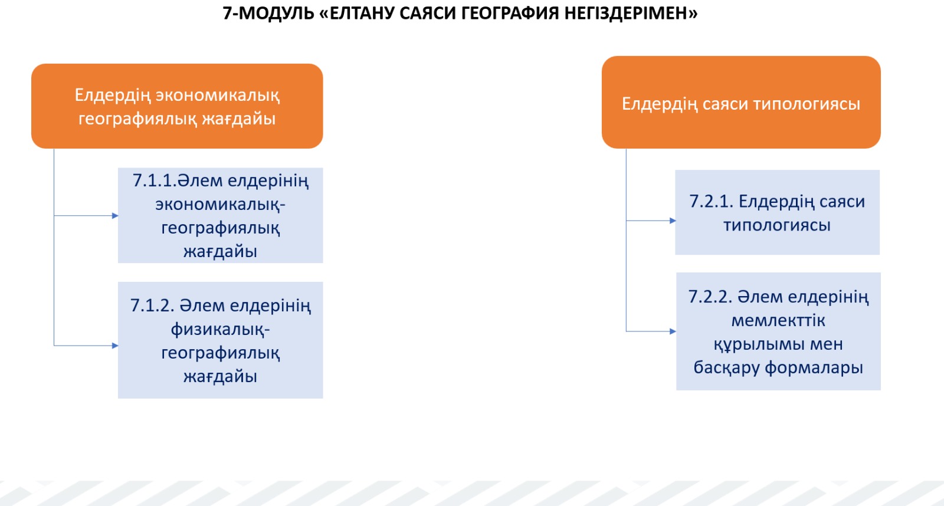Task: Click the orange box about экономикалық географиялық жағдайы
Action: point(177,106)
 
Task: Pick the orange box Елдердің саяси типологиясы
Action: point(741,103)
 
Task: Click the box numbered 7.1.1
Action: point(221,215)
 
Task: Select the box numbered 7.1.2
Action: point(221,340)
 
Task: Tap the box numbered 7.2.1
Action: point(777,212)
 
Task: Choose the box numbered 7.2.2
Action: point(778,331)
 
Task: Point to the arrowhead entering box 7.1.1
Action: point(115,216)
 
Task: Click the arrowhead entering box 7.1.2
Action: point(115,346)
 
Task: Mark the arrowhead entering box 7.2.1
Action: point(673,221)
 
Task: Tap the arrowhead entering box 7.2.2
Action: point(673,331)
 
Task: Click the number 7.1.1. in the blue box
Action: point(154,180)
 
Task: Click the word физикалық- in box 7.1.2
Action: point(221,330)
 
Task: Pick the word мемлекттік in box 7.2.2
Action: point(778,321)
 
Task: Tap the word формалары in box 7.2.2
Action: point(814,368)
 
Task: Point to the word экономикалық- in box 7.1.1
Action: point(221,205)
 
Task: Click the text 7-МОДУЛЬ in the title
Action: point(268,14)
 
